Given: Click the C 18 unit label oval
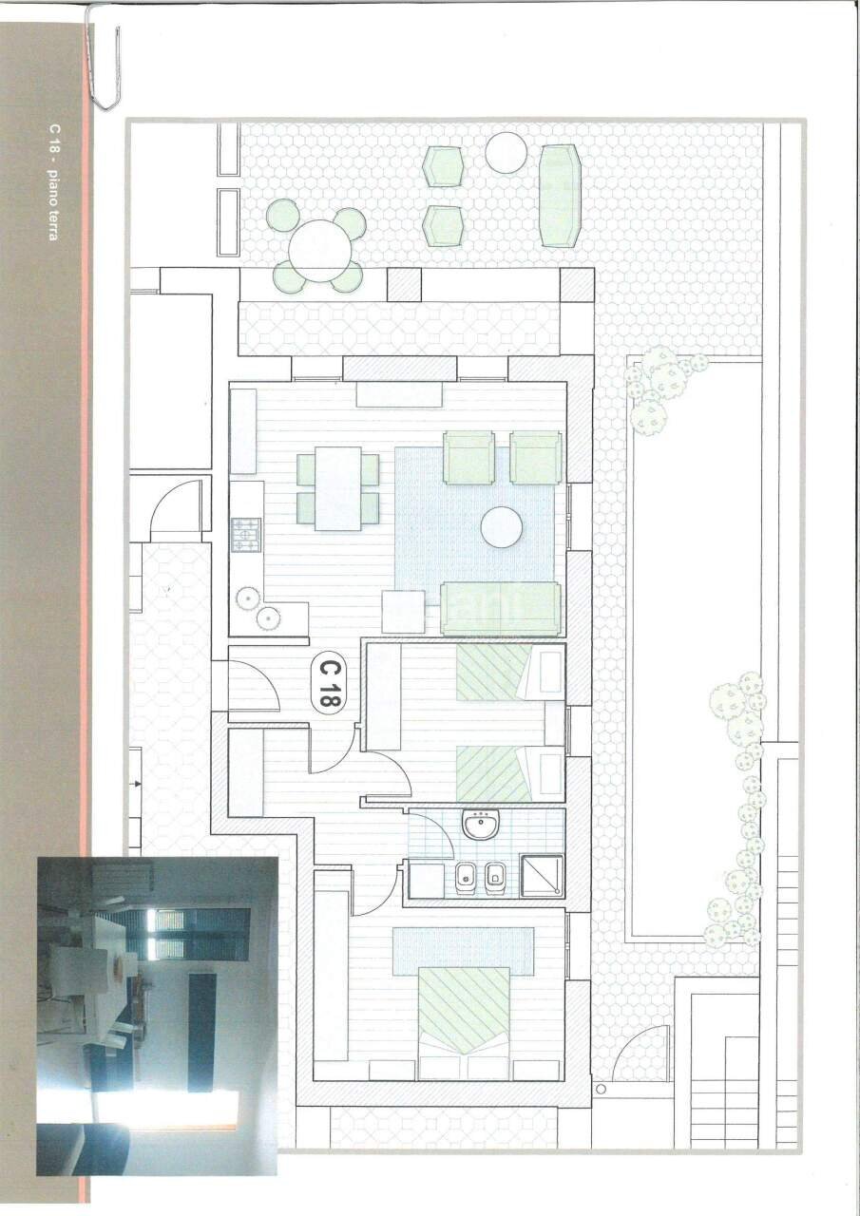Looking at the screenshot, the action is (x=329, y=684).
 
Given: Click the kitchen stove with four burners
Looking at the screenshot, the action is (x=246, y=534).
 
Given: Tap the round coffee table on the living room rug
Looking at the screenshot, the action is (x=502, y=527).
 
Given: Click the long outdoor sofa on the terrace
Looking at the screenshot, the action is (x=559, y=197).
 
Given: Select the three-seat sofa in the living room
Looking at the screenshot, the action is (x=500, y=608).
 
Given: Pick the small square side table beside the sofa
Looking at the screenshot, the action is (x=404, y=612).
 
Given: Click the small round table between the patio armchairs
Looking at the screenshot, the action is (x=506, y=153).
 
